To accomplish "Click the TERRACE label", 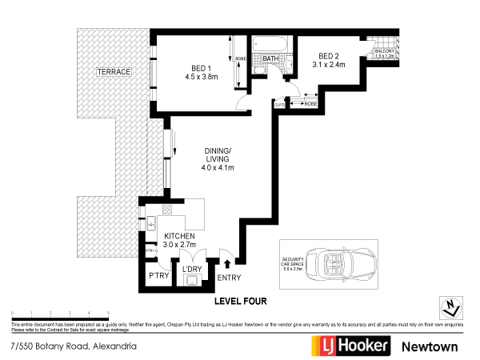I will [x=114, y=72].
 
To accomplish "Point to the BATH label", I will [x=270, y=58].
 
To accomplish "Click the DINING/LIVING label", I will [x=217, y=159].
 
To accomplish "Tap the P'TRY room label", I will [x=158, y=276].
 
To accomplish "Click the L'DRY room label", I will [x=192, y=270].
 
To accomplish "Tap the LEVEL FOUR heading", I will [x=240, y=302].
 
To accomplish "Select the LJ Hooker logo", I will [x=350, y=346].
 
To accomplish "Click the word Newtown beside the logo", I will [x=430, y=346].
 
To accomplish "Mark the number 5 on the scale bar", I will [x=108, y=313].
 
